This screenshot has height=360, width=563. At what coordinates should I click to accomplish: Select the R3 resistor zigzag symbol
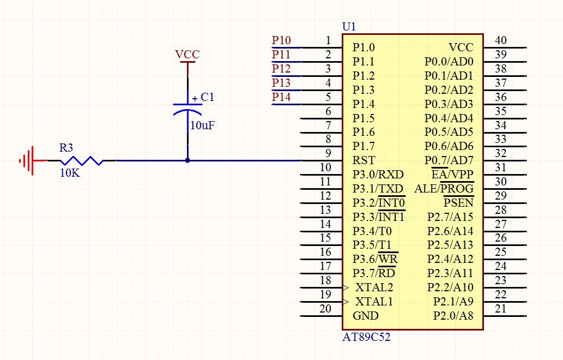coord(81,160)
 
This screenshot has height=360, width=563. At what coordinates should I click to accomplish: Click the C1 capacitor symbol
coord(187,107)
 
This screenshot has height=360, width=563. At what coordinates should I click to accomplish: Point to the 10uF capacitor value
coord(202,125)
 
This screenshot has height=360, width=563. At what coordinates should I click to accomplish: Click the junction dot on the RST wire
coord(187,160)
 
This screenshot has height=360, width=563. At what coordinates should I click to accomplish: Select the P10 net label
coord(281,40)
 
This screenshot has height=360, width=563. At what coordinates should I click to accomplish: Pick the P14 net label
coord(281,97)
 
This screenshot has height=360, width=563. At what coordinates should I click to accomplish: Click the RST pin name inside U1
coord(364,160)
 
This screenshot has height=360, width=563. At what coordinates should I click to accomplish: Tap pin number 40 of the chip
coord(501,40)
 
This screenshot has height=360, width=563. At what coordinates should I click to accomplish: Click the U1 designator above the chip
coord(349,26)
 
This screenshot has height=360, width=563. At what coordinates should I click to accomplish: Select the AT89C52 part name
coord(366,338)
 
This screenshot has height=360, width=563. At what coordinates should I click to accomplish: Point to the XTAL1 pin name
coord(374,302)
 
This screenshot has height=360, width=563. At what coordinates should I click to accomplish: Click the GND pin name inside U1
coord(365,316)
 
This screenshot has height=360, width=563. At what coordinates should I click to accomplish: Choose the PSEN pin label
coord(458,203)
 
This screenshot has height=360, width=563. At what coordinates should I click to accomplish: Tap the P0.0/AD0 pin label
coord(449,62)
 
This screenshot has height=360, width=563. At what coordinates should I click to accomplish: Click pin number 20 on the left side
coord(325,309)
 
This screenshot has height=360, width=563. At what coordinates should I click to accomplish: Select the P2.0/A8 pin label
coord(453,316)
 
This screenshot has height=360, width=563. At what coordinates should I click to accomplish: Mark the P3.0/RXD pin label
coord(378,175)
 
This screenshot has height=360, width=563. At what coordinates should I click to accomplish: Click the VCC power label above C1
coord(187,55)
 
